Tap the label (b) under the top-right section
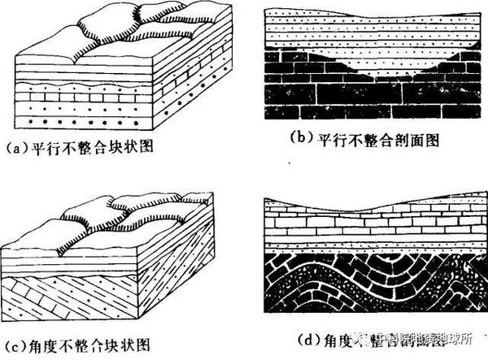tap(302, 140)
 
